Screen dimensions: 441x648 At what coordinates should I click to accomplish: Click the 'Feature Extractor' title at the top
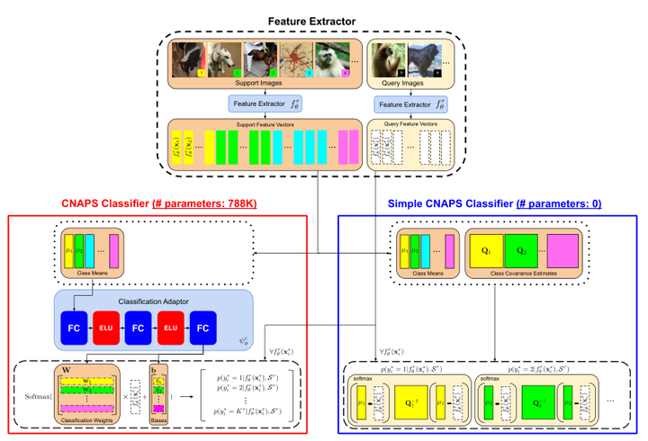[x=323, y=20]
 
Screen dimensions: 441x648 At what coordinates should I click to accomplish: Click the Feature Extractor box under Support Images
[x=264, y=103]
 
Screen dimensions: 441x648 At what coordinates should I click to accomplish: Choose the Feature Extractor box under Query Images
[x=410, y=103]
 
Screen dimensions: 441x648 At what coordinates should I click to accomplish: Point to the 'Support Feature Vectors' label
[x=264, y=123]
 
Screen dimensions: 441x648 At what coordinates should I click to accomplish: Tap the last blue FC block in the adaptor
[x=202, y=329]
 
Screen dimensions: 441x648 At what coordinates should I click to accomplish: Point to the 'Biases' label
[x=158, y=419]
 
